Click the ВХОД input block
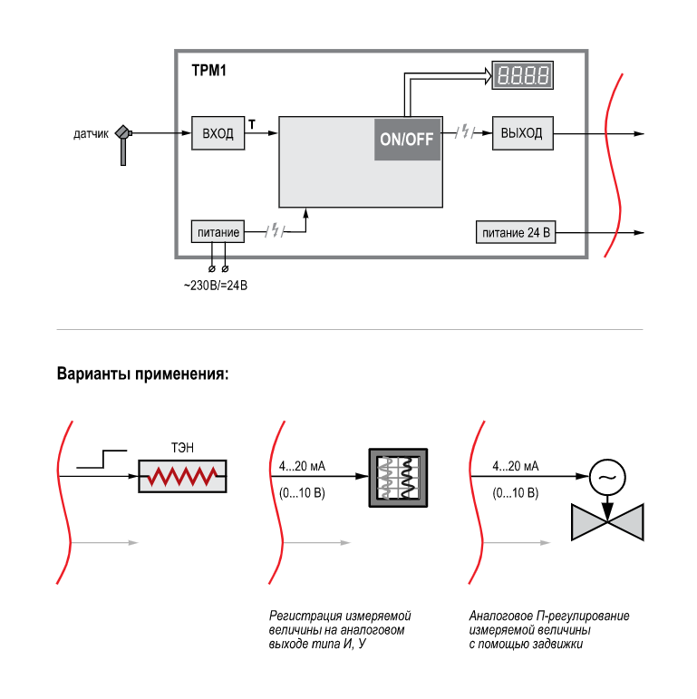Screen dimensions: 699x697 [218, 133]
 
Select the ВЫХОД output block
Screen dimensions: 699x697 [522, 133]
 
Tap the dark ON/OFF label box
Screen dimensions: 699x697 [407, 139]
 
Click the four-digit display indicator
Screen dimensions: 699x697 [523, 75]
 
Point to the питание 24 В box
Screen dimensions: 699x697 [516, 232]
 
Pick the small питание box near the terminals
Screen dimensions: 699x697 [217, 232]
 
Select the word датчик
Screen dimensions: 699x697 [91, 134]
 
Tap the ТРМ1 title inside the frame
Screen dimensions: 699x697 [208, 70]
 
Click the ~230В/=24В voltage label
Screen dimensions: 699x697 [216, 286]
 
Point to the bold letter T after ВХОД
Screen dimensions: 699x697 [251, 122]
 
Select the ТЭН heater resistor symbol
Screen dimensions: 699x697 [182, 476]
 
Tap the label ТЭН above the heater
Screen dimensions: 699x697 [182, 448]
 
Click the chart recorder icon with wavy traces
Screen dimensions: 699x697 [397, 479]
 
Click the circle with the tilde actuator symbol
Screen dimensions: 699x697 [607, 476]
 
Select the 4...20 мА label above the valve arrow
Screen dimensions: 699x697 [515, 466]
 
